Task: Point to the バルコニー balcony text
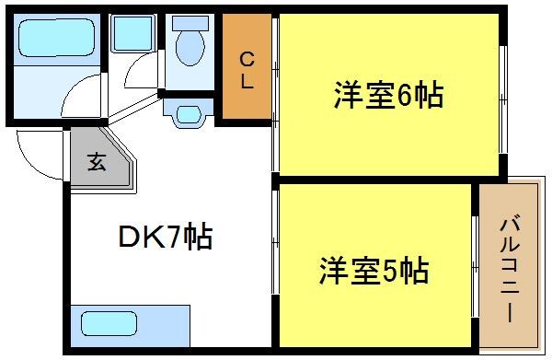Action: [x=508, y=267]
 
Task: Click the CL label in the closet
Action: [x=247, y=70]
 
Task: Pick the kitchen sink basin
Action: [x=106, y=324]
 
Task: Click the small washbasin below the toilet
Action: [x=189, y=115]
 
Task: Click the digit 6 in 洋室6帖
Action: [x=405, y=95]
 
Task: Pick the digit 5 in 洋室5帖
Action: [x=392, y=272]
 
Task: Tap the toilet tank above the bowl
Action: [x=189, y=26]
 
